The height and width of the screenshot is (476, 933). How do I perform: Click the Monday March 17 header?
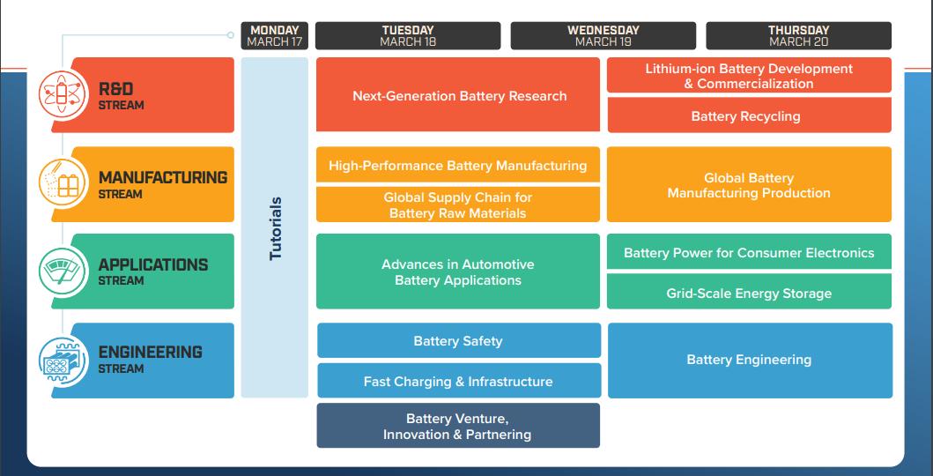click(274, 35)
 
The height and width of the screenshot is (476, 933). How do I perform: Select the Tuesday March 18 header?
click(408, 35)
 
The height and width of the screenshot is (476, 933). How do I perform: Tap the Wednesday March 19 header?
click(603, 35)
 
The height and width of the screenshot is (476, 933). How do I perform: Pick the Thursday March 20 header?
click(798, 35)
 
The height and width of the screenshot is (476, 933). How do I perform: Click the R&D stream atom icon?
click(63, 95)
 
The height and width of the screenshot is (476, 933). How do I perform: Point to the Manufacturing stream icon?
click(63, 183)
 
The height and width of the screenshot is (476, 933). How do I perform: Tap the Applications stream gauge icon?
click(63, 271)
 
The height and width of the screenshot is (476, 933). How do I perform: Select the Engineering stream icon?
click(63, 361)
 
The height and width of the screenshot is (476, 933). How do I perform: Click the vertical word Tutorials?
click(275, 228)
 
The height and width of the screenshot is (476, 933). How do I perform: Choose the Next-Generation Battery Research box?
click(457, 94)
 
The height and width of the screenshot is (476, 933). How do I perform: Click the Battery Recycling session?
click(749, 115)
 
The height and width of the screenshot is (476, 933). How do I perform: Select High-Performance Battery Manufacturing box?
click(457, 164)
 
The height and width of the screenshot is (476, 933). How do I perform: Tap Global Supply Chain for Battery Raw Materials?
click(457, 205)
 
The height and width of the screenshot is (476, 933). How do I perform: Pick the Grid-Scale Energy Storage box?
click(749, 292)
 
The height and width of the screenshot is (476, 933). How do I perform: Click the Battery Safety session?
click(459, 340)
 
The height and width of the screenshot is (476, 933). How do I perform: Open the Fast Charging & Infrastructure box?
click(459, 380)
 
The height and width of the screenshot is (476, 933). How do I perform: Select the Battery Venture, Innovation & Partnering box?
click(458, 426)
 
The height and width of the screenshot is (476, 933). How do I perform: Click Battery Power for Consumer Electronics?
click(749, 252)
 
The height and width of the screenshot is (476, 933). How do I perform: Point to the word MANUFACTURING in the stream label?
click(162, 177)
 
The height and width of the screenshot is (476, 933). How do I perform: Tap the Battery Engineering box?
click(750, 361)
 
